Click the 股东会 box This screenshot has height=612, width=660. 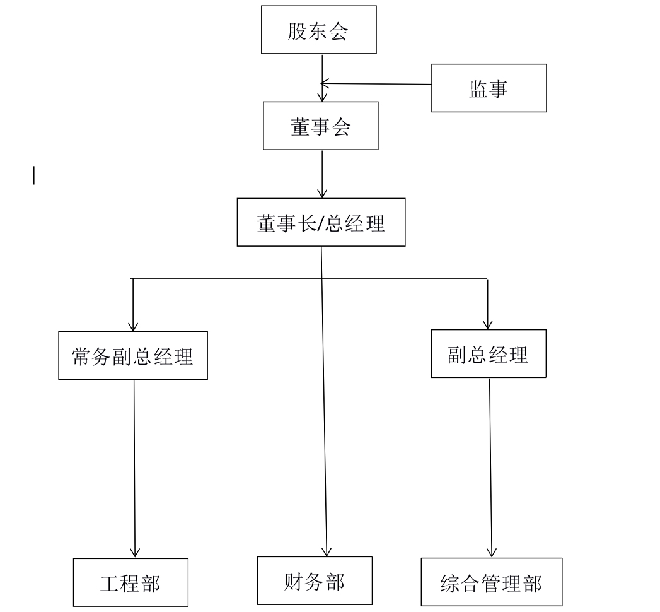click(x=318, y=30)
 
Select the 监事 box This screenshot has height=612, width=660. click(x=489, y=88)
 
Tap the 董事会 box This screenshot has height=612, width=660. click(x=320, y=126)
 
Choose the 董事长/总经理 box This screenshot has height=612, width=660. click(x=321, y=222)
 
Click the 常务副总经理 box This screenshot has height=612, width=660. click(x=133, y=356)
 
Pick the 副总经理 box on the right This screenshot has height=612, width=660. click(x=489, y=354)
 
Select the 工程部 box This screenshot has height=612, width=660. click(x=130, y=582)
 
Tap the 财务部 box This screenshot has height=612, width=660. click(x=315, y=580)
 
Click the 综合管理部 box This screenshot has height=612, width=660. click(x=491, y=582)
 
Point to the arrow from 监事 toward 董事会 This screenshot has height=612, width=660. click(x=378, y=83)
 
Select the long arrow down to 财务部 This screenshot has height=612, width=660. click(x=325, y=404)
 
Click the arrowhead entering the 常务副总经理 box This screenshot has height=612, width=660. click(x=133, y=326)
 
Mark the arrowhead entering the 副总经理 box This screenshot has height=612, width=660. click(x=488, y=323)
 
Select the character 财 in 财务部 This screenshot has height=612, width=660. click(x=294, y=581)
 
